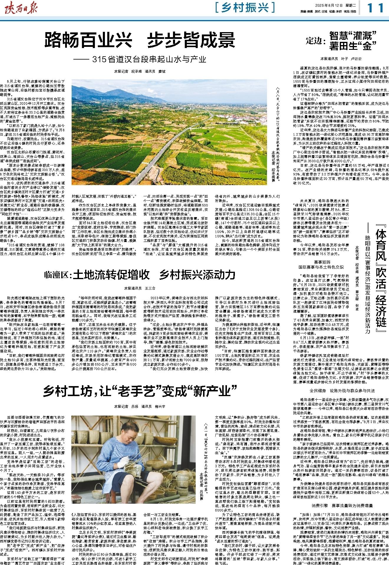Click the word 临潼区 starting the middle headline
pyautogui.click(x=57, y=275)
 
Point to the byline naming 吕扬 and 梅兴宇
pyautogui.click(x=140, y=406)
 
